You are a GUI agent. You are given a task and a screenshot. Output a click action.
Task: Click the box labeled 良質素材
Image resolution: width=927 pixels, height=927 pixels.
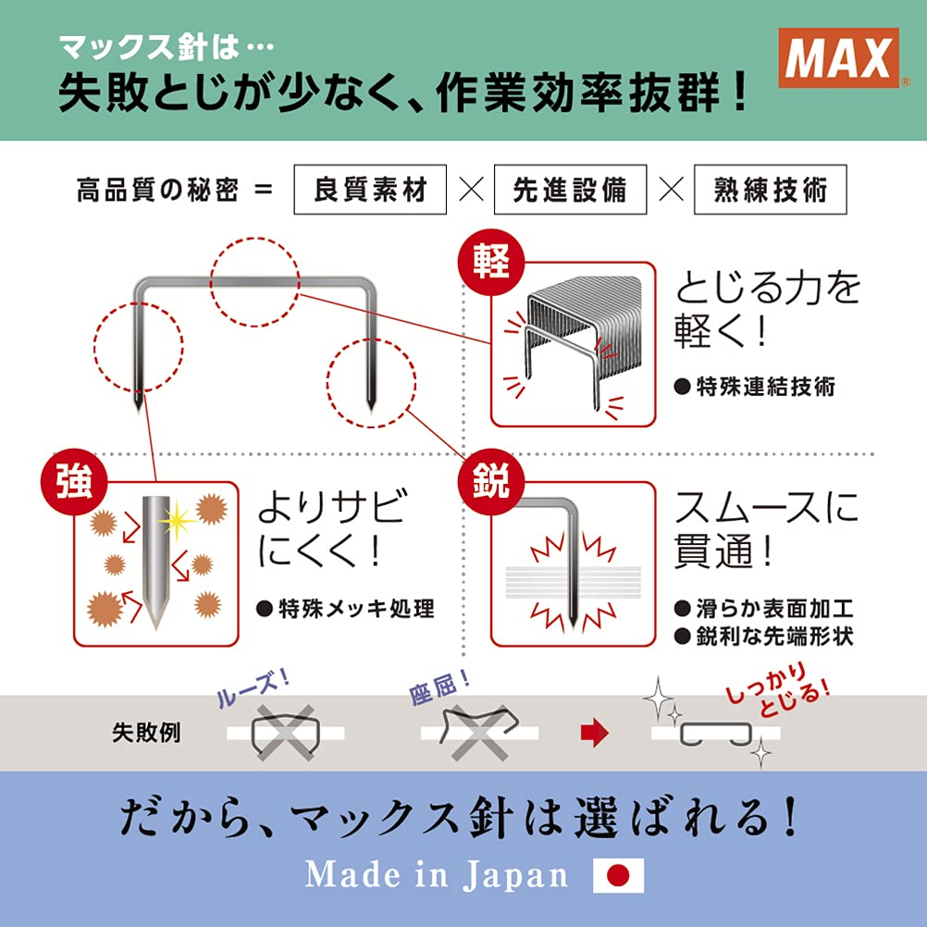pos(370,190)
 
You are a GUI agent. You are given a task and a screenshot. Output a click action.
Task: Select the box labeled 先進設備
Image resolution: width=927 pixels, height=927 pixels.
pos(570,190)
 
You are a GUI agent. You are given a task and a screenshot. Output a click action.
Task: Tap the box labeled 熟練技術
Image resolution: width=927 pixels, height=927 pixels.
pos(769,190)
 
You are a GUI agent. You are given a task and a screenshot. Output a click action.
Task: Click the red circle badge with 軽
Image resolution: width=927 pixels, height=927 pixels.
pos(491,262)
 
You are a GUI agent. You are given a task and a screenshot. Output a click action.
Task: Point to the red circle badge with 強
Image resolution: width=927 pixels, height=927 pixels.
pos(74,485)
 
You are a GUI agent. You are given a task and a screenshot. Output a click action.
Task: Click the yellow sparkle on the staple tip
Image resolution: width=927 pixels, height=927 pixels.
pos(176,520)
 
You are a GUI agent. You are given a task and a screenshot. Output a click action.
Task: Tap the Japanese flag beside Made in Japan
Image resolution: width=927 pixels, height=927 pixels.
pos(617,874)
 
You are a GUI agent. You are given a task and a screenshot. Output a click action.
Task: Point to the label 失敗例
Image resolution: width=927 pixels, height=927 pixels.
pos(146,734)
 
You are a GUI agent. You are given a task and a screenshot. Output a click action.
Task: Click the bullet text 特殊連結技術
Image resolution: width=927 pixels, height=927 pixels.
pos(754,387)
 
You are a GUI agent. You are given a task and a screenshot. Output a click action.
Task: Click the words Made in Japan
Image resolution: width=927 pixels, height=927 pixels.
pos(437,874)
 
